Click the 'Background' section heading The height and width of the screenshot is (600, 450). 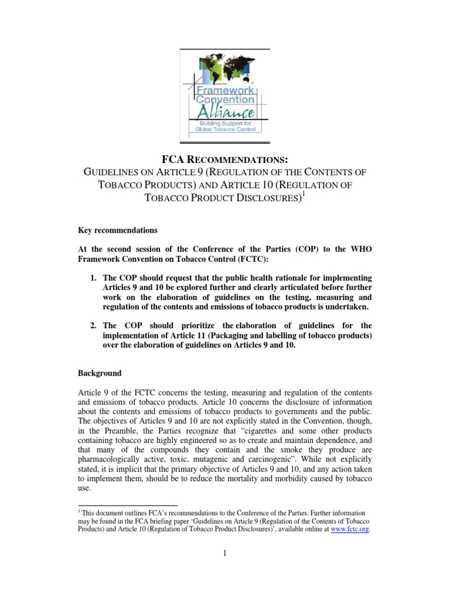[x=100, y=373]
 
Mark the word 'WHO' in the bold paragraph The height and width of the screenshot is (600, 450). [x=360, y=250]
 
